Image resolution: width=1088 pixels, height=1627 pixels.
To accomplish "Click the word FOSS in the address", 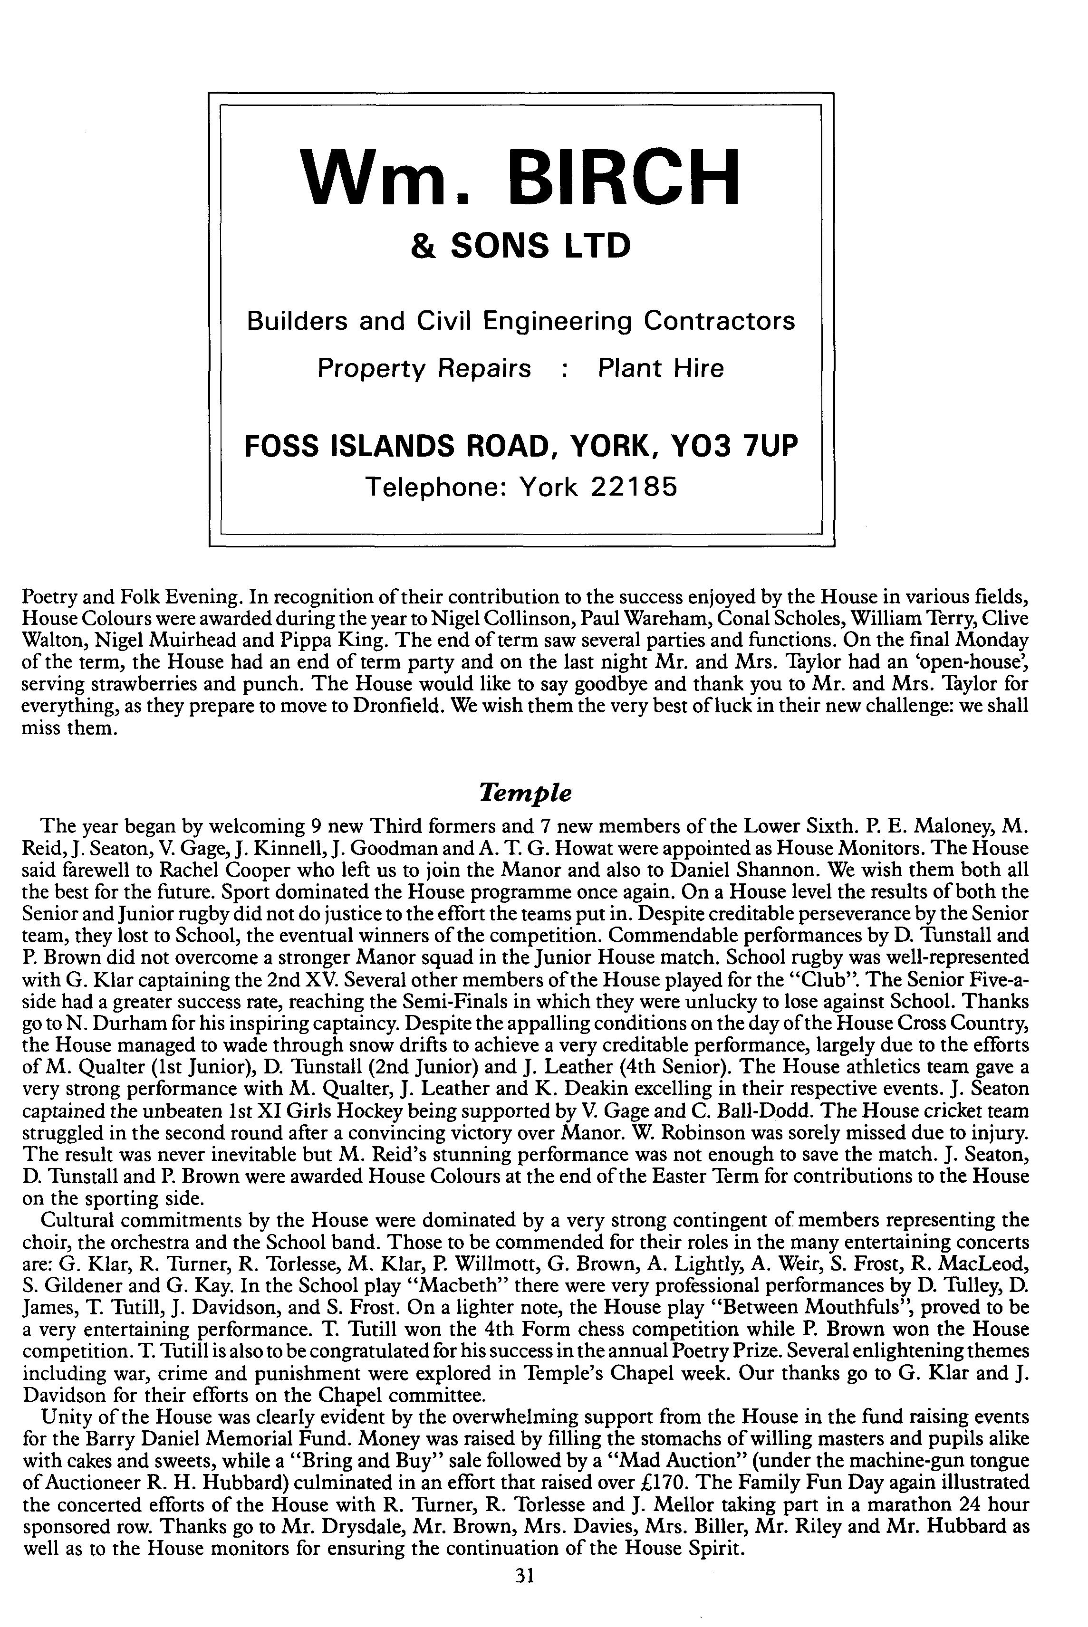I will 285,447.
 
